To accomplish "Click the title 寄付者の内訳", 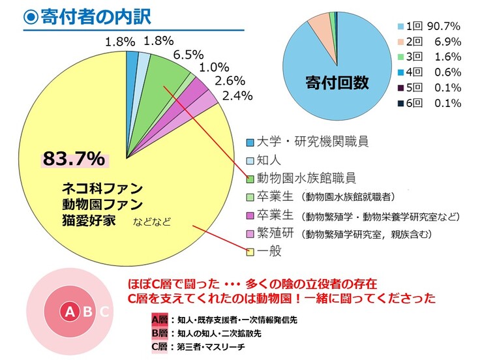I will tap(91, 16).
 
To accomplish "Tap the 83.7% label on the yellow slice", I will tap(73, 158).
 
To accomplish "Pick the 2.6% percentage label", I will tap(230, 82).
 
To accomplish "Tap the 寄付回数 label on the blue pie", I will tap(337, 83).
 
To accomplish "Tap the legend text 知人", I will tap(269, 160).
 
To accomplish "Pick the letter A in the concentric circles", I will tap(70, 312).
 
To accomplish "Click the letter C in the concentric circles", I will tap(104, 312).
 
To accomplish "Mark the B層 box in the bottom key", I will tap(160, 333).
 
